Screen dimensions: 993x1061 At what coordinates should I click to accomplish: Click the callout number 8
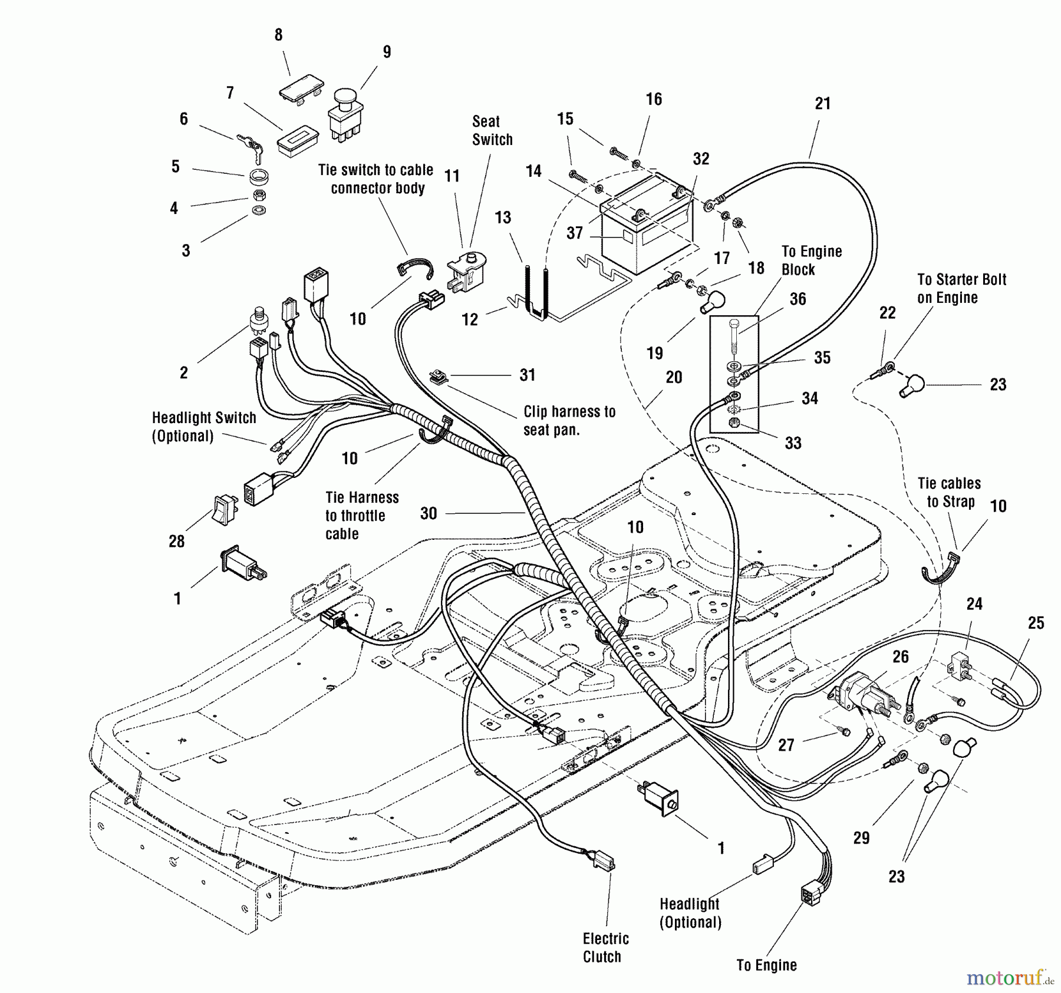279,35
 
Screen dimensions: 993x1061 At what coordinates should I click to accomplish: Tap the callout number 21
822,104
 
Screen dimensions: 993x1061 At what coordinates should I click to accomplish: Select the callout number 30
429,513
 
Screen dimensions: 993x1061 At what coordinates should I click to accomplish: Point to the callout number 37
575,233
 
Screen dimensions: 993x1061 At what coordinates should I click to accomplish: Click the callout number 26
900,656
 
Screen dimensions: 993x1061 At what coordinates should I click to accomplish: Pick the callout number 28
176,541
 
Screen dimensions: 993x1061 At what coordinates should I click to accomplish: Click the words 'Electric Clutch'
605,948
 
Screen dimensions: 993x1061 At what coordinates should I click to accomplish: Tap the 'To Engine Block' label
811,260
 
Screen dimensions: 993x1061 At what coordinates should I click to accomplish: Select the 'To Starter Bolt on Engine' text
961,288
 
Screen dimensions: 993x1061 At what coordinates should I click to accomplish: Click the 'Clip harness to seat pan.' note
569,421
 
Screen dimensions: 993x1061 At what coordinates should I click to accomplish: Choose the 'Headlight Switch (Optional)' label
204,427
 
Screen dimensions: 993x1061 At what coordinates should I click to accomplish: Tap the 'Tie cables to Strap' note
949,492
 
